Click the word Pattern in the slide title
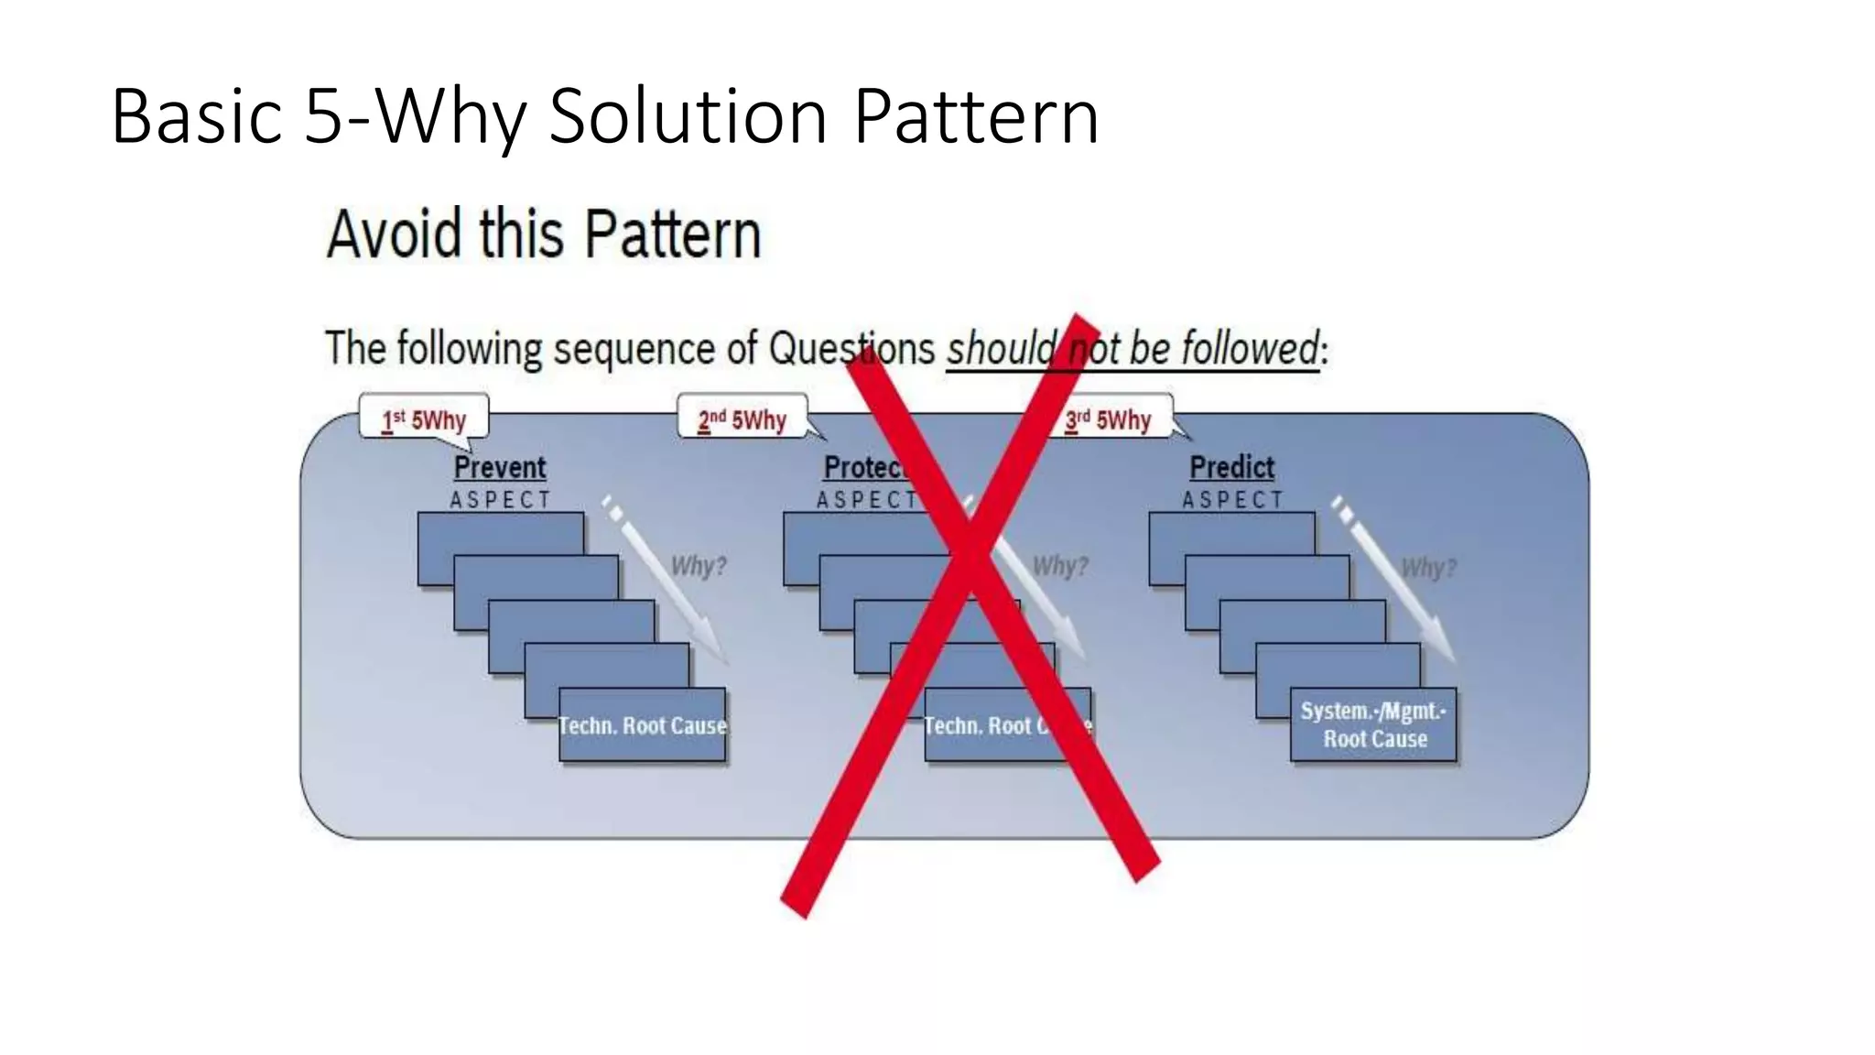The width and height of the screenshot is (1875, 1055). (x=976, y=116)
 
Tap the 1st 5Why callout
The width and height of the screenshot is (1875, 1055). (x=424, y=419)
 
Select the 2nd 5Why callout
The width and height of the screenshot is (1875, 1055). (x=742, y=419)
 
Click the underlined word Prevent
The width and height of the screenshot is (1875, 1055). (x=500, y=467)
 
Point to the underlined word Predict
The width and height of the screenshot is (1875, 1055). (x=1231, y=467)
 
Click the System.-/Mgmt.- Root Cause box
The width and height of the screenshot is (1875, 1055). (x=1373, y=724)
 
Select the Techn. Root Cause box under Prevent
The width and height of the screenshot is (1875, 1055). (x=643, y=725)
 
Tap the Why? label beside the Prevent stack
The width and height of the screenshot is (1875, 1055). (x=699, y=566)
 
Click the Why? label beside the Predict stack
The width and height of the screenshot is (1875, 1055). (x=1428, y=568)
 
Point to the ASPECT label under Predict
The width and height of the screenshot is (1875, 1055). (x=1232, y=500)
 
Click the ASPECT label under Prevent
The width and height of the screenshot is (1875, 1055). (x=500, y=500)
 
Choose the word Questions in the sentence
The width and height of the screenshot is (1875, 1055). (x=851, y=349)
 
